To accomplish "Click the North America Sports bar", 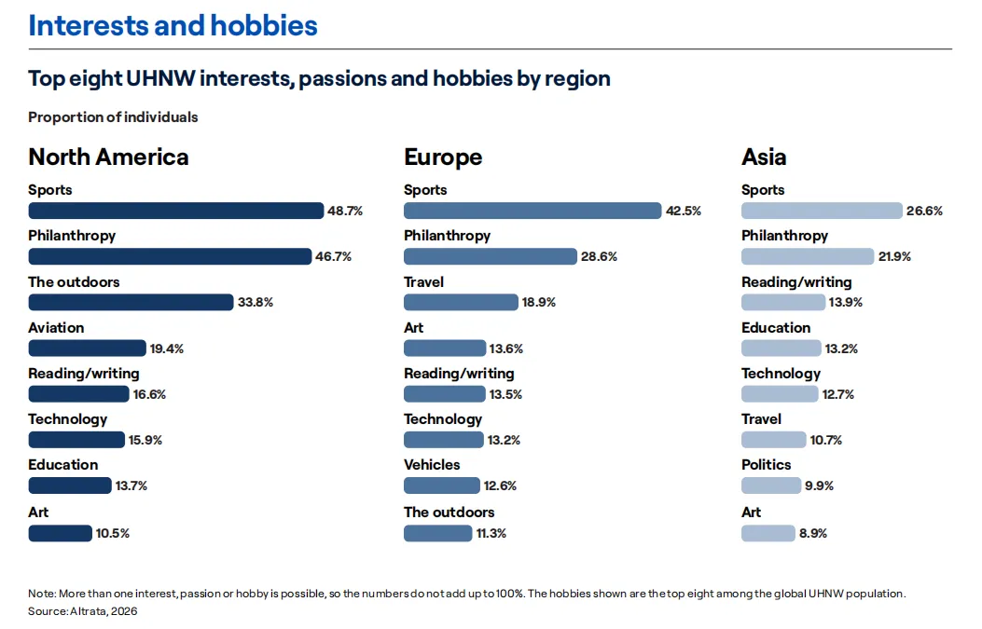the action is point(176,211).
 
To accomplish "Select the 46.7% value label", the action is point(333,256).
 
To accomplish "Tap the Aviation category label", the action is point(56,328).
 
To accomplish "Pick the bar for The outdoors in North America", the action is point(131,302).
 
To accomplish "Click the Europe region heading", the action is point(443,157).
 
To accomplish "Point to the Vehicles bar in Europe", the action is point(441,485).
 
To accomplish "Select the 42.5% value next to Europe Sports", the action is point(684,211).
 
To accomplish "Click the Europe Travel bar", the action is point(461,302).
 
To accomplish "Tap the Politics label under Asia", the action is point(766,465).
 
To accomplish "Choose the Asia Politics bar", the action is point(771,485).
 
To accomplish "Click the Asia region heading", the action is point(764,157).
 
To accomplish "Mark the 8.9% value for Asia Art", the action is point(813,533).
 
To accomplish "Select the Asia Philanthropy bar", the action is point(808,256).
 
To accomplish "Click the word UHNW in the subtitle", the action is point(161,79).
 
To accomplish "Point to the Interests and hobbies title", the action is point(173,26).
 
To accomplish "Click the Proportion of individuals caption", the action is point(113,117).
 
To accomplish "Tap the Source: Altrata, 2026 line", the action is point(83,611).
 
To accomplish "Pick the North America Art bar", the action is point(60,533).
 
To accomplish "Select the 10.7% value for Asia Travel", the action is point(825,440).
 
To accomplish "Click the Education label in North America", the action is point(63,465).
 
